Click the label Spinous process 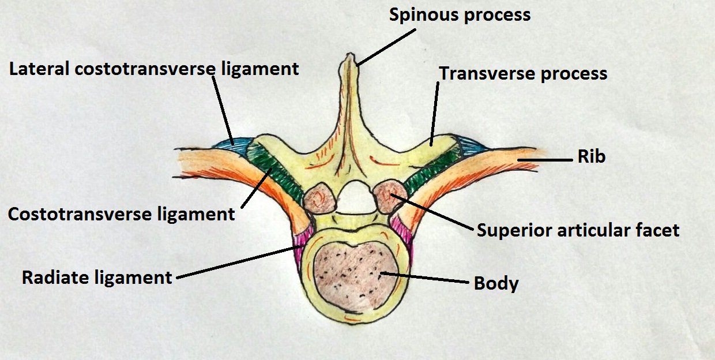[460, 14]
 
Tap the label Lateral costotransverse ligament [154, 69]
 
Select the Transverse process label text [523, 73]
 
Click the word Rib [591, 156]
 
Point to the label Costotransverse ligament [121, 214]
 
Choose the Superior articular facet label [578, 231]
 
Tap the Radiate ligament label [97, 277]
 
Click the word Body [496, 284]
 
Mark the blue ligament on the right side [468, 142]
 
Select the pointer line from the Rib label [556, 157]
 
